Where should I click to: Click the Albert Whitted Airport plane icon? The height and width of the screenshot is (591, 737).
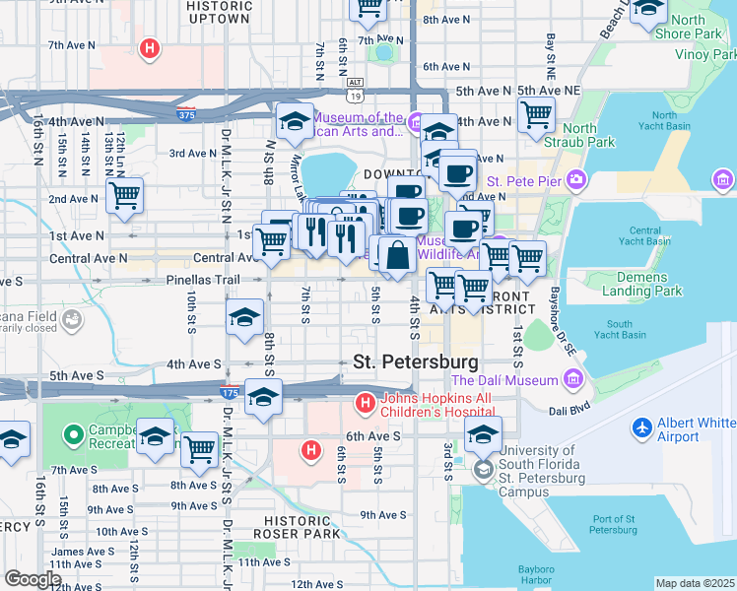click(642, 428)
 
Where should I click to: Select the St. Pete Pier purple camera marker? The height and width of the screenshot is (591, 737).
click(575, 180)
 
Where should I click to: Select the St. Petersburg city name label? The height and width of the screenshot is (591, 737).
click(416, 361)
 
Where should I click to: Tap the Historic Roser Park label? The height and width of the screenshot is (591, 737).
click(301, 527)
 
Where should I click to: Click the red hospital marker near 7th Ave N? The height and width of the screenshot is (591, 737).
click(149, 47)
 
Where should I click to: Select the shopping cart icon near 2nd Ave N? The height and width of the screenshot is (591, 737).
click(124, 196)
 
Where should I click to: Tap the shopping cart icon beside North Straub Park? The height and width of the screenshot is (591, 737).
click(536, 114)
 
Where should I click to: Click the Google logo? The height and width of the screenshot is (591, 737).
click(33, 579)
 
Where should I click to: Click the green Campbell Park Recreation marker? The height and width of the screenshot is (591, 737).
click(72, 434)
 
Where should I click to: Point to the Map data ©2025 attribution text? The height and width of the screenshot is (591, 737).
click(695, 583)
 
